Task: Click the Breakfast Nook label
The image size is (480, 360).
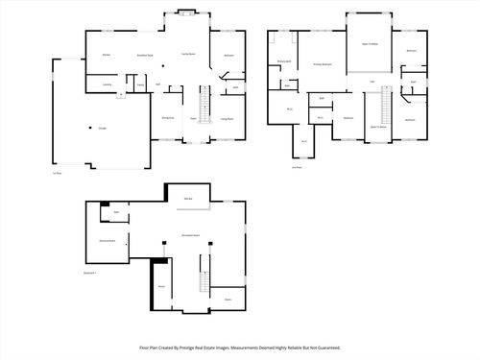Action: click(x=147, y=55)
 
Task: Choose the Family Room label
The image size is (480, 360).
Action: click(x=189, y=55)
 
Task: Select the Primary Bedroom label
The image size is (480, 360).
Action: click(x=323, y=64)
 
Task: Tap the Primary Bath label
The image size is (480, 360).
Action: click(x=284, y=61)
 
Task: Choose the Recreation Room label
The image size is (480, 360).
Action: click(x=190, y=234)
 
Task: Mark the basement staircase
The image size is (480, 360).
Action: click(x=203, y=279)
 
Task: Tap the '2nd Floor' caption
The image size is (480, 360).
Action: click(x=297, y=167)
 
